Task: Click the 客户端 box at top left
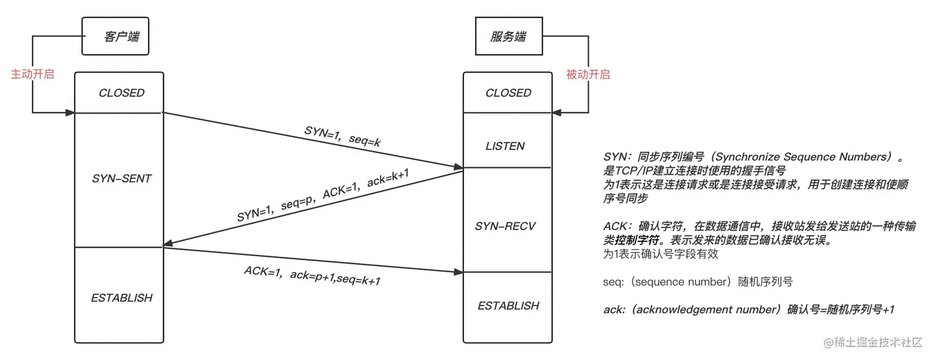116,36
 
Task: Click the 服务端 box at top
508,36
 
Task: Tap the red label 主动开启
33,74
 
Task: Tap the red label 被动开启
587,74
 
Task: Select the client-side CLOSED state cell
121,93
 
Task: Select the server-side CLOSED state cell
508,93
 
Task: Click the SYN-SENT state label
121,178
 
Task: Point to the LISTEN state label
505,146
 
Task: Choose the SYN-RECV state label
505,226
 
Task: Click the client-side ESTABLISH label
121,298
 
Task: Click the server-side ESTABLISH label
508,306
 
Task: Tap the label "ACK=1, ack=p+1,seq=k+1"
312,275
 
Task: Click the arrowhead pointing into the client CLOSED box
70,113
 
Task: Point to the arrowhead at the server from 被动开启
557,113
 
